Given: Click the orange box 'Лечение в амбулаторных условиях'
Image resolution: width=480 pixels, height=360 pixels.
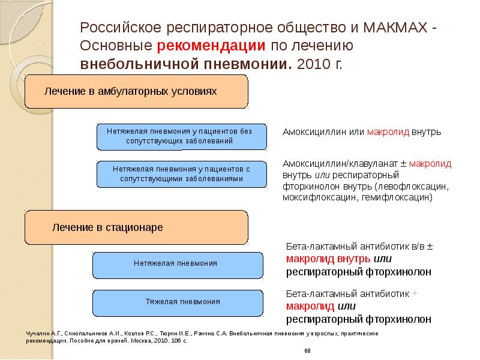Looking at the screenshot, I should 137,91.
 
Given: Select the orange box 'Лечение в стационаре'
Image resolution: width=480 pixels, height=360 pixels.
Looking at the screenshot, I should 137,228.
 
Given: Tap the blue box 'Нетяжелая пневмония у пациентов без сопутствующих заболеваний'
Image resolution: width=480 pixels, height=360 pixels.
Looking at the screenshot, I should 181,136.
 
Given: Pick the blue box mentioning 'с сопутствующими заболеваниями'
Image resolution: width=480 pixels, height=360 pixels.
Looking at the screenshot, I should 181,175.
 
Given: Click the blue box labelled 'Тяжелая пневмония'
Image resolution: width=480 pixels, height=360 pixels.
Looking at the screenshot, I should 178,302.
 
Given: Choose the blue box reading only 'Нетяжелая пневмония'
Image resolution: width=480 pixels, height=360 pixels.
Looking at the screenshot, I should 178,263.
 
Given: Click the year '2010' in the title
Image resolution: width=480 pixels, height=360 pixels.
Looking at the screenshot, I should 311,64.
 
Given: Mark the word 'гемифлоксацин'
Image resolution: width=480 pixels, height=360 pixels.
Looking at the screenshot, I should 395,196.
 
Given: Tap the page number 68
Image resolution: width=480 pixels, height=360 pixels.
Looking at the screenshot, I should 307,350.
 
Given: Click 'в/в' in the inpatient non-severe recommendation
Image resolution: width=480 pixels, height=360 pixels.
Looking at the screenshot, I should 418,247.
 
